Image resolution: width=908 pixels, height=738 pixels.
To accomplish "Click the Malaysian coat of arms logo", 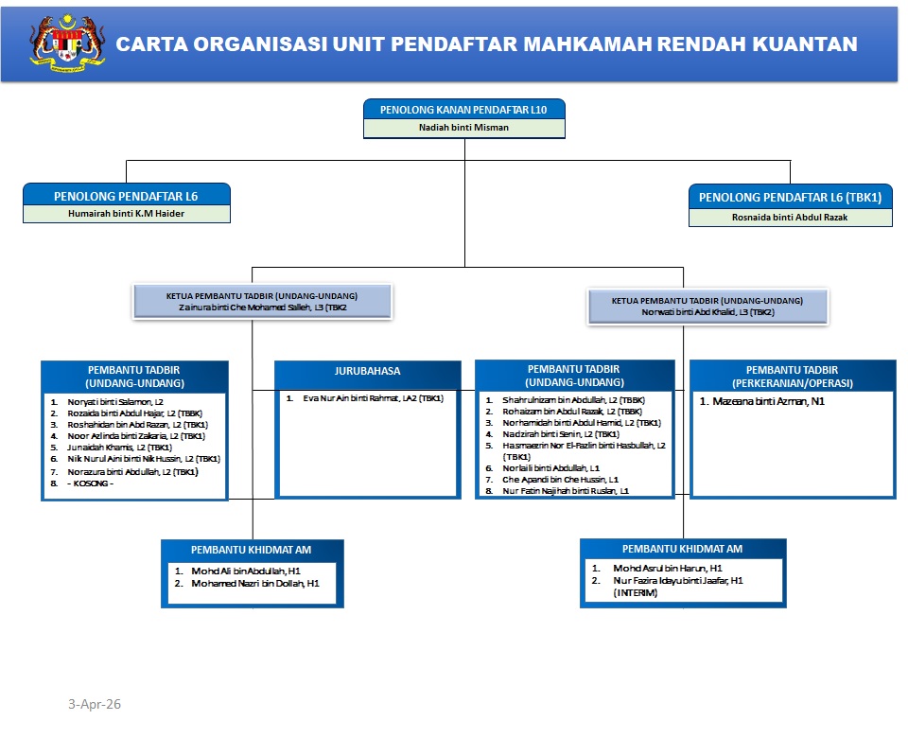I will tap(67, 44).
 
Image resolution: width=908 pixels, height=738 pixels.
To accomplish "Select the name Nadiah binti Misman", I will tap(463, 127).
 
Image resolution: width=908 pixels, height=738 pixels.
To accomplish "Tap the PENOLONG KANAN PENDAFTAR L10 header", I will tap(463, 110).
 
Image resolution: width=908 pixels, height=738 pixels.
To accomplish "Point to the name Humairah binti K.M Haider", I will tap(127, 214).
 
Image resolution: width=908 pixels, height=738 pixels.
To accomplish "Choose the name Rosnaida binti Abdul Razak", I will tap(791, 218).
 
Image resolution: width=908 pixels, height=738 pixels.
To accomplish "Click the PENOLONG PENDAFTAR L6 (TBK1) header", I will tap(790, 198).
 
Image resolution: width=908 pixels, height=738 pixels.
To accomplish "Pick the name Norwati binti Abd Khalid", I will tap(695, 311).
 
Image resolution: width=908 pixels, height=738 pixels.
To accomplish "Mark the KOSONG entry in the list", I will tap(91, 483).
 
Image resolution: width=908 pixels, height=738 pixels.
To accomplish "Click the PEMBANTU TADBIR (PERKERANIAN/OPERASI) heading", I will tap(793, 376).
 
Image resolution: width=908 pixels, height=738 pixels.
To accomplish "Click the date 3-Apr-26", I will tap(95, 705).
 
